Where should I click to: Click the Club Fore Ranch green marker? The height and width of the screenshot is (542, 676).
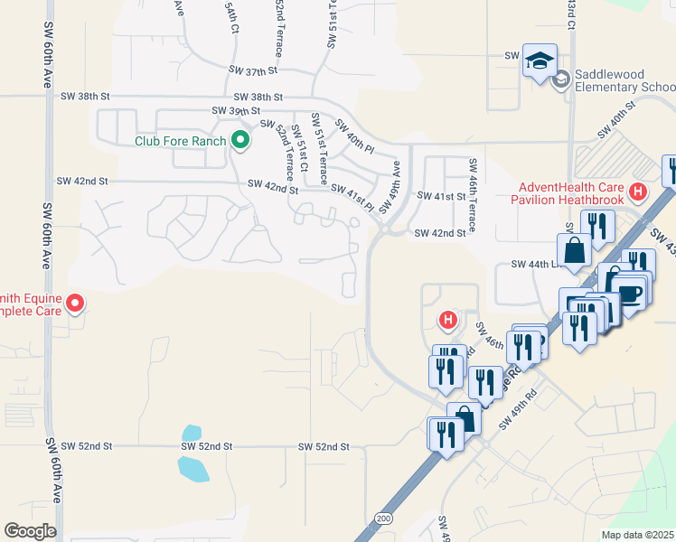239,140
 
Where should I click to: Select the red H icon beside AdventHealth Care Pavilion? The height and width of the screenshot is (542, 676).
639,192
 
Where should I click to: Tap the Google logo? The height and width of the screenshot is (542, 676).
30,531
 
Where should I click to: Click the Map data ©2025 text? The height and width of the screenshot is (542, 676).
636,535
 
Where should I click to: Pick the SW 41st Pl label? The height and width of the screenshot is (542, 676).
352,196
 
